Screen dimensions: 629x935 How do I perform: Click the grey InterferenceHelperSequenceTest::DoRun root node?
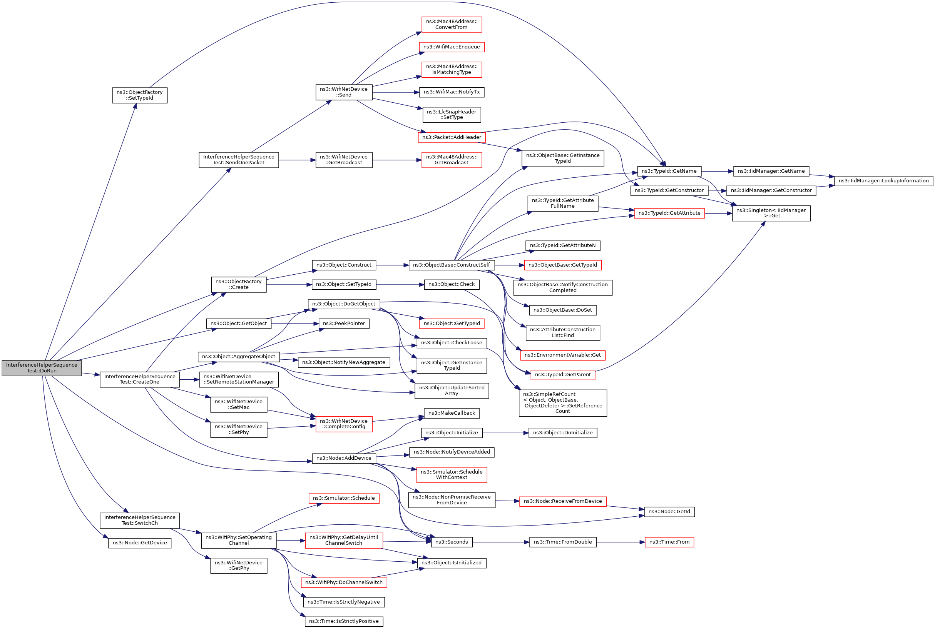click(x=42, y=368)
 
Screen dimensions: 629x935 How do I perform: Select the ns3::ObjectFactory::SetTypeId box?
click(x=140, y=95)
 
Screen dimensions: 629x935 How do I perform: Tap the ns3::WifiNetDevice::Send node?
click(x=344, y=92)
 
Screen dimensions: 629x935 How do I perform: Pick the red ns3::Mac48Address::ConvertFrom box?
click(x=452, y=25)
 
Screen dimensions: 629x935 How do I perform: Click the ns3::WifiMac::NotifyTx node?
click(x=452, y=92)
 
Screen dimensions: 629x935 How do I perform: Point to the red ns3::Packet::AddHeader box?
click(x=452, y=137)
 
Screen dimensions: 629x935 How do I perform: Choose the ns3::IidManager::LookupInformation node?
click(x=883, y=181)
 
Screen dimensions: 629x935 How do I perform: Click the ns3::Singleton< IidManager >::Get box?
click(x=771, y=213)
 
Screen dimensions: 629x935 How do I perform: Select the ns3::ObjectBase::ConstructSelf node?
click(x=452, y=265)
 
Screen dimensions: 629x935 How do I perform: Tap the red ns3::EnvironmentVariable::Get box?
click(x=563, y=355)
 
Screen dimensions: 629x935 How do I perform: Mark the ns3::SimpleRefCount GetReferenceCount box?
click(x=563, y=403)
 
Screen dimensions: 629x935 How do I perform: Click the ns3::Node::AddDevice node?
click(x=344, y=458)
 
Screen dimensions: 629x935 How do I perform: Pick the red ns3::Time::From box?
click(x=669, y=542)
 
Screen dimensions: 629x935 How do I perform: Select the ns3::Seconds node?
click(x=452, y=542)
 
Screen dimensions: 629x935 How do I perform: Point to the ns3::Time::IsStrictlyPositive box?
click(x=344, y=621)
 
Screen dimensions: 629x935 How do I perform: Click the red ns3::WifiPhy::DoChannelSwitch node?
click(x=344, y=582)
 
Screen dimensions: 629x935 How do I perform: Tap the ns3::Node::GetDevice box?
click(x=140, y=543)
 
